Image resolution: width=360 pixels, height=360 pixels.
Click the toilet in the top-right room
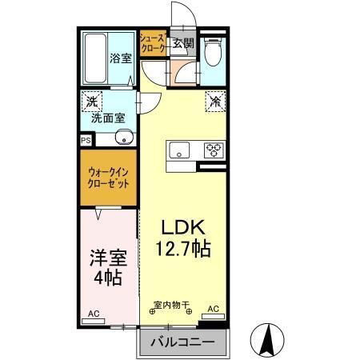coord(211,53)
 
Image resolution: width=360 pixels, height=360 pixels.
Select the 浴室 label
coord(119,57)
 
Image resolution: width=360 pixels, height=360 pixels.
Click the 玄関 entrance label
coord(182,43)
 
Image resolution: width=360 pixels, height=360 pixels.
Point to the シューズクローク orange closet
coord(152,43)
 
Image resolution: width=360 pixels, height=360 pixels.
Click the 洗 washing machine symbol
coord(92,102)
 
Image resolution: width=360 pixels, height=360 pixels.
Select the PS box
coord(86,138)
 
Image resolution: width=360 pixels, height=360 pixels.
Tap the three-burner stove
coord(212,149)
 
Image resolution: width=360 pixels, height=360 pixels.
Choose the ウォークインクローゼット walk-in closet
coord(108,176)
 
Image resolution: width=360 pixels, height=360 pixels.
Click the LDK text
coord(182,226)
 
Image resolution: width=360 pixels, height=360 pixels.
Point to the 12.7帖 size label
coord(183,249)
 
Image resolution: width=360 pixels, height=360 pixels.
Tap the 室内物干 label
coord(171,305)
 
